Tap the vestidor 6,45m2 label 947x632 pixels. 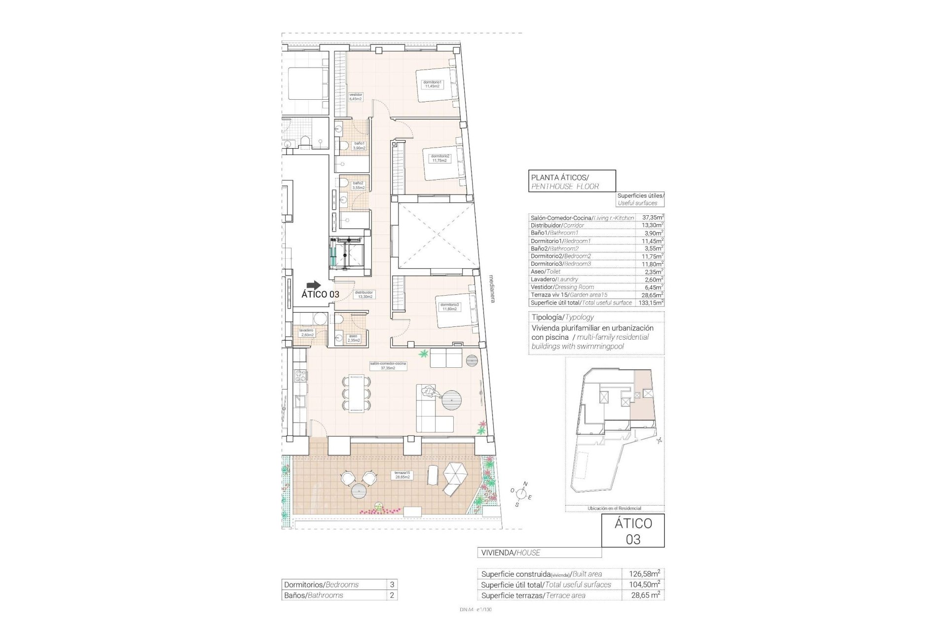point(356,97)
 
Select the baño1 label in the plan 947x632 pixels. point(359,146)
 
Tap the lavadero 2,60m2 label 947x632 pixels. point(306,332)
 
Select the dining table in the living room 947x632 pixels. point(356,393)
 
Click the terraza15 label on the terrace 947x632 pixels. point(402,475)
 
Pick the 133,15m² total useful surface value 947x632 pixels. point(651,303)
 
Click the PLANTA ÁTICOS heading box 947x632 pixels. point(572,180)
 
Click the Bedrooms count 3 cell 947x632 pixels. point(392,585)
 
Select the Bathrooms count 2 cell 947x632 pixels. point(392,595)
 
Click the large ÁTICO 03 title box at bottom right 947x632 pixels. point(633,531)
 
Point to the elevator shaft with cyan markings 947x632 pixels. point(348,253)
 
